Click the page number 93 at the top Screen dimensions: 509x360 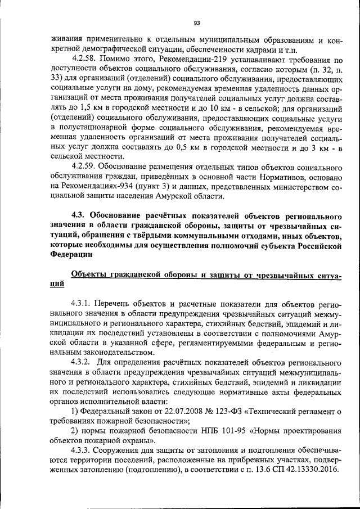coord(197,23)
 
